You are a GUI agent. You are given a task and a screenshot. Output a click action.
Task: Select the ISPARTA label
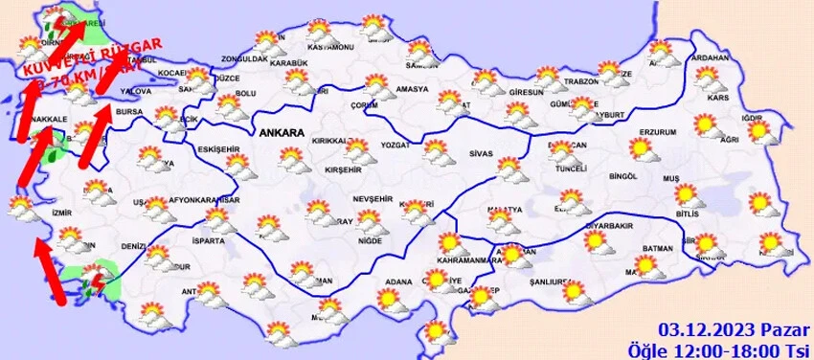coord(208,241)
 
